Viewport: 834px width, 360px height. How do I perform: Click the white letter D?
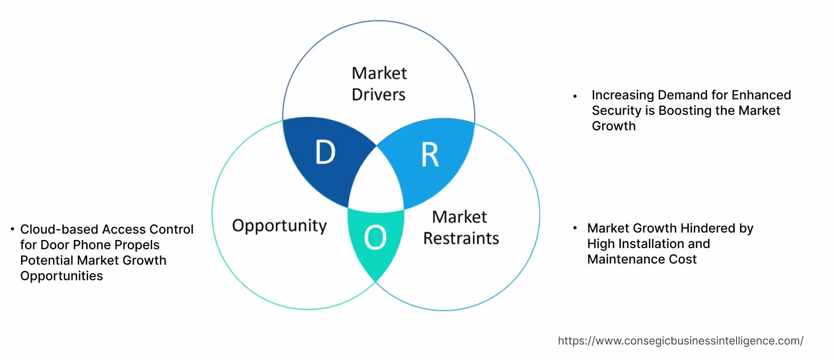coord(326,152)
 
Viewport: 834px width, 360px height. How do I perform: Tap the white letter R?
coord(430,155)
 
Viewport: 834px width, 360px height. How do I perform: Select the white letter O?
coord(375,237)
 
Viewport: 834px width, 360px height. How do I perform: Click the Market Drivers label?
coord(379,84)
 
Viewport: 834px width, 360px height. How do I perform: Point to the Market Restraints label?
coord(461,227)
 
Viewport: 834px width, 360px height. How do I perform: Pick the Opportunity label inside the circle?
coord(279,226)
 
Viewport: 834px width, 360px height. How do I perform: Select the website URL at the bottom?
coord(680,341)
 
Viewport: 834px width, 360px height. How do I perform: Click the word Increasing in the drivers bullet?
coord(623,95)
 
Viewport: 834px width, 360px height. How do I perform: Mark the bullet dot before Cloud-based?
coord(13,229)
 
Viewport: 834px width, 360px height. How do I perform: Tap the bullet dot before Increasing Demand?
coord(575,96)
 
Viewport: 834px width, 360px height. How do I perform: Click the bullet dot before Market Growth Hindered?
coord(575,228)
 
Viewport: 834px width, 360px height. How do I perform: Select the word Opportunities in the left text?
coord(61,276)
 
